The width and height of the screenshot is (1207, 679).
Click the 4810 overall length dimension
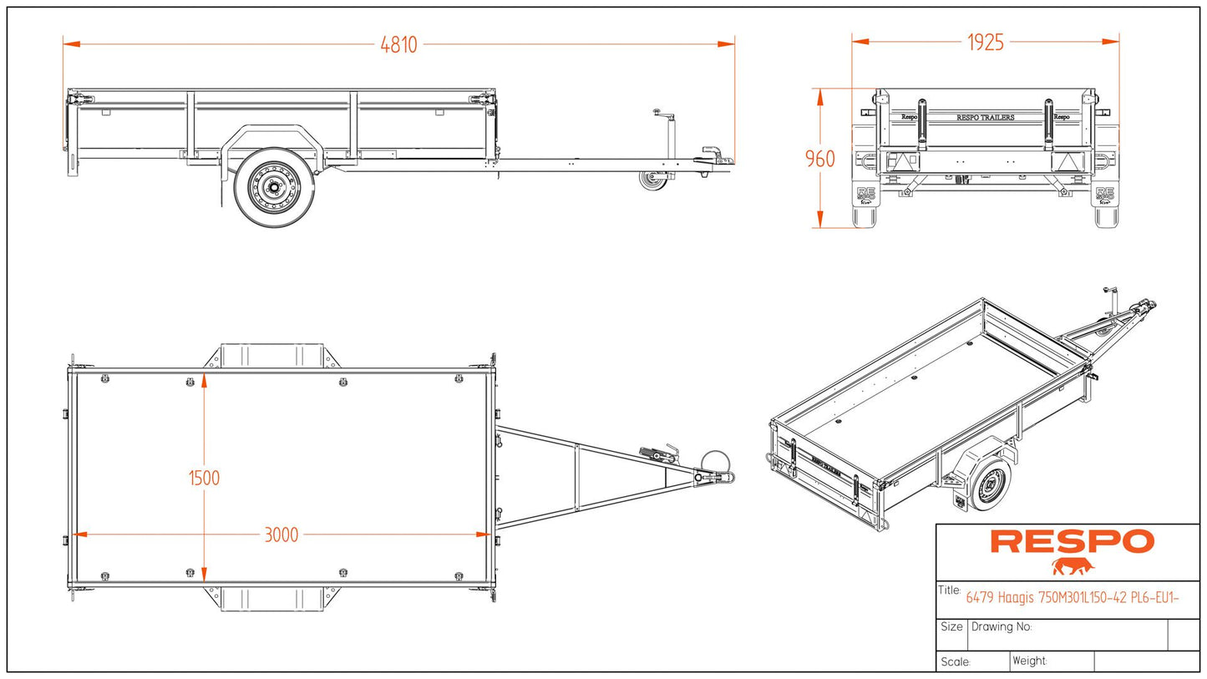click(x=398, y=44)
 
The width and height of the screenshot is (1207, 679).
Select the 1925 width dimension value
click(x=985, y=43)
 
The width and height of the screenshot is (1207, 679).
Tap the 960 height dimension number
click(x=819, y=159)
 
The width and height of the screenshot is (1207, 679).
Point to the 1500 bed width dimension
click(x=204, y=478)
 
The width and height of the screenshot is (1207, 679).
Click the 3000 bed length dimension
click(x=281, y=535)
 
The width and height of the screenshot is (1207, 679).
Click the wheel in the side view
click(x=274, y=188)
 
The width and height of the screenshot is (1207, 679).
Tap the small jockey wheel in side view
click(x=652, y=180)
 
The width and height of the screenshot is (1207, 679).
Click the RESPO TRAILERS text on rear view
click(x=985, y=118)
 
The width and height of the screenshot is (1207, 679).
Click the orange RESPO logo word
click(x=1072, y=541)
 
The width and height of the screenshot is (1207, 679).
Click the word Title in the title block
click(x=950, y=590)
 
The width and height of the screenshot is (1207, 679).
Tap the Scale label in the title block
click(x=956, y=662)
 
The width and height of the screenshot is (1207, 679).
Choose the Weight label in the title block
click(x=1029, y=661)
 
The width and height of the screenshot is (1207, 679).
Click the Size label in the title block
click(x=951, y=626)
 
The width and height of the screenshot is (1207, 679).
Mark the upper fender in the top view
click(x=271, y=355)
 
